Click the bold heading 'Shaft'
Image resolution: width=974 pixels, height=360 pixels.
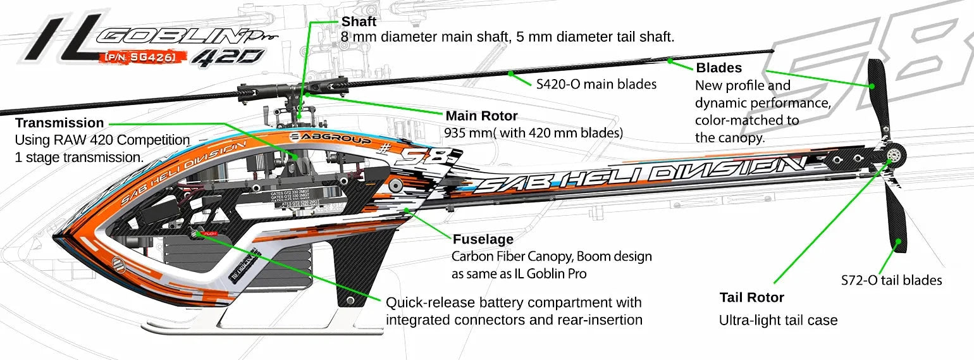click(x=359, y=22)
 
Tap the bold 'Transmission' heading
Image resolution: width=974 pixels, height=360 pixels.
click(x=59, y=123)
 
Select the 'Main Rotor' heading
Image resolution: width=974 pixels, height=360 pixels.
click(x=481, y=116)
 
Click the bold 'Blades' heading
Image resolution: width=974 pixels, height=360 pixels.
click(x=718, y=68)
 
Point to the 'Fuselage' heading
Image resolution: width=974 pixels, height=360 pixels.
click(x=483, y=240)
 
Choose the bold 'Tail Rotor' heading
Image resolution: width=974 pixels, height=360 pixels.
click(x=751, y=297)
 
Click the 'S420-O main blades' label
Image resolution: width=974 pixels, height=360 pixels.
click(x=596, y=84)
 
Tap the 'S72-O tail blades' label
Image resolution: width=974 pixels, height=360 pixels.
click(x=891, y=280)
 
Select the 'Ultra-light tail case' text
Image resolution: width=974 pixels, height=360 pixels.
click(x=778, y=320)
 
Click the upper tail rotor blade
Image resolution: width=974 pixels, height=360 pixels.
click(x=880, y=95)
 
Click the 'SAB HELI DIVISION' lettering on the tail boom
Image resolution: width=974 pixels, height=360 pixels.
click(x=639, y=175)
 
